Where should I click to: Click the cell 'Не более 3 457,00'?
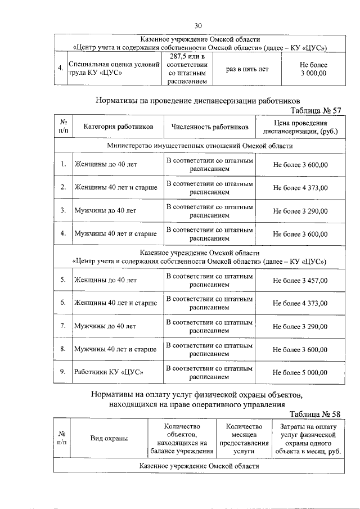pos(300,280)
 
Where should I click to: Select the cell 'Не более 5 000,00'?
pos(300,372)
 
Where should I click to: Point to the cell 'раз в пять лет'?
pos(247,69)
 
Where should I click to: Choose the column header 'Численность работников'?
pos(210,127)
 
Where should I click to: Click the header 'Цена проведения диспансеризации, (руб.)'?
pos(300,127)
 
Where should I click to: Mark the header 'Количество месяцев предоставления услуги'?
pos(244,439)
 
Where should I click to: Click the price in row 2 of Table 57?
pos(300,187)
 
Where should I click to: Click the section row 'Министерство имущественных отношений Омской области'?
pos(200,146)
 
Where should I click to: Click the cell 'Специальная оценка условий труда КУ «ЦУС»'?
pos(114,69)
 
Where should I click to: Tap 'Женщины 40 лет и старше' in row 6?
pos(115,303)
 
